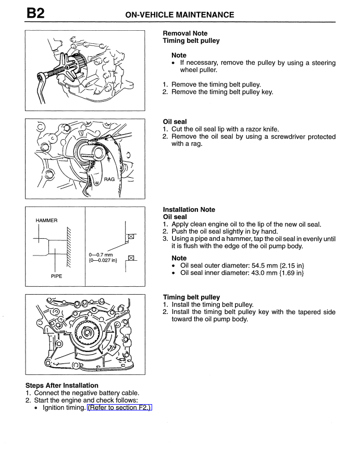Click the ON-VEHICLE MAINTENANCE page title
(x=180, y=15)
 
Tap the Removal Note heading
(x=185, y=33)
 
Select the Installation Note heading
(x=189, y=210)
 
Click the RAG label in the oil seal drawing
(x=109, y=179)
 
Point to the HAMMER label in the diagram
(x=47, y=221)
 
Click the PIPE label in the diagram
(x=57, y=276)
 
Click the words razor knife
(x=266, y=129)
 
